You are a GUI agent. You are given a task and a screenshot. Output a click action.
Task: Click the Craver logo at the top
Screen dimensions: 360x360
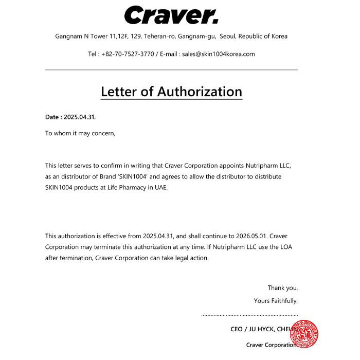171,15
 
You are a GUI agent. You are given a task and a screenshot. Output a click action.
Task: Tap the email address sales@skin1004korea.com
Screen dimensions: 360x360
219,54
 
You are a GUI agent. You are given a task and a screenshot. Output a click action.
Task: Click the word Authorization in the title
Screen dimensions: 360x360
199,92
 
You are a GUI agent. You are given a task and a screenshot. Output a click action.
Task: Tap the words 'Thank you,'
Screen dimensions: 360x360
282,287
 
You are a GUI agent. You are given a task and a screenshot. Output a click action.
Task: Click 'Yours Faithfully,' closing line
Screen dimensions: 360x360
276,301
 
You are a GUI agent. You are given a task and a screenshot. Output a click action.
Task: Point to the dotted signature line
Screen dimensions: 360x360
249,315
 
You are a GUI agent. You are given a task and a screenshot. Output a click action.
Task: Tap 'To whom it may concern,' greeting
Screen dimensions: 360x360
80,133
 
